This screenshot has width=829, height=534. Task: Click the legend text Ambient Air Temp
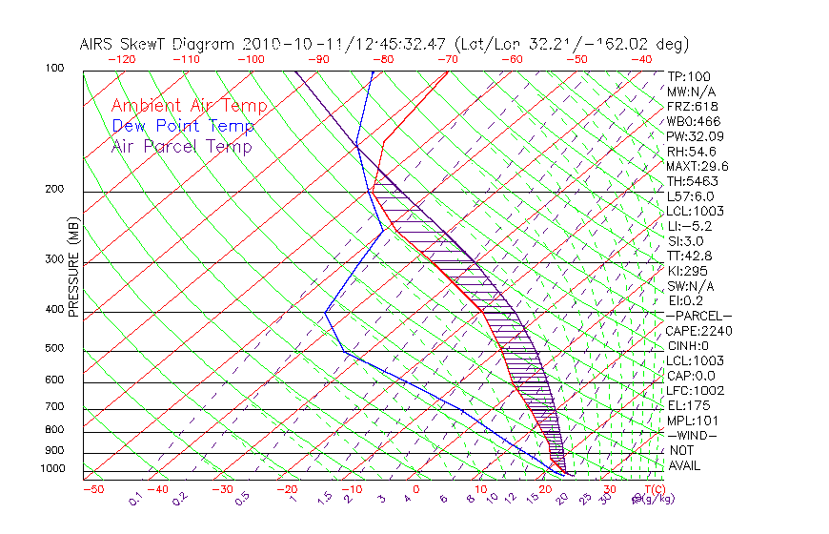189,106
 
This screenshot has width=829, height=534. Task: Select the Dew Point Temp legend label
183,126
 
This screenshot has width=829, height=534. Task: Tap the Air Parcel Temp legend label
181,146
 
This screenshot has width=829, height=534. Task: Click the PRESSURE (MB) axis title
72,270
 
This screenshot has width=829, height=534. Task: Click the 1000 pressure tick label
53,468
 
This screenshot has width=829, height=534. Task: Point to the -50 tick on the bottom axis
92,489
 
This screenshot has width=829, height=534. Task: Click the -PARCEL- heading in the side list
698,316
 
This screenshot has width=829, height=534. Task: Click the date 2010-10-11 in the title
283,45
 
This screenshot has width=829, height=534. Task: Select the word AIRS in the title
99,45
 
